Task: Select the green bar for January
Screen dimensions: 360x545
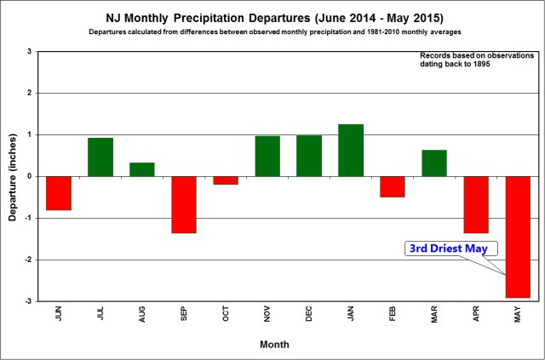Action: pyautogui.click(x=350, y=151)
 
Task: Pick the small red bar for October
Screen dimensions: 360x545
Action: pyautogui.click(x=226, y=180)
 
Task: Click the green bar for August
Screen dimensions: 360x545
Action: pyautogui.click(x=142, y=169)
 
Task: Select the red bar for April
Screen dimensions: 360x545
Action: pyautogui.click(x=475, y=204)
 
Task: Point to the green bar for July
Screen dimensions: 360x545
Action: pyautogui.click(x=100, y=157)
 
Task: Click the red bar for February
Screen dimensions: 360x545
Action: pyautogui.click(x=392, y=186)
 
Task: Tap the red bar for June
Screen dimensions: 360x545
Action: pyautogui.click(x=59, y=193)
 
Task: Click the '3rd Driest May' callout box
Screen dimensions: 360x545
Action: pyautogui.click(x=450, y=249)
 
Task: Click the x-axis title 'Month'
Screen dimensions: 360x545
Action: pyautogui.click(x=275, y=345)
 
